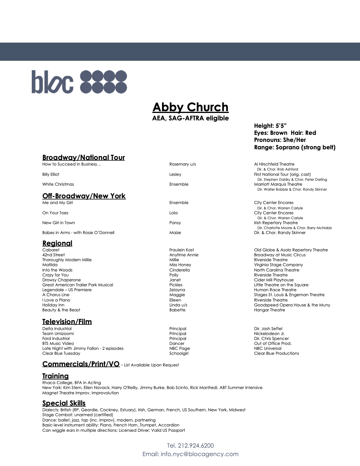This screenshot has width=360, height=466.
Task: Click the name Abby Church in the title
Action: (190, 107)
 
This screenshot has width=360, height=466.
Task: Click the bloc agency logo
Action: (79, 82)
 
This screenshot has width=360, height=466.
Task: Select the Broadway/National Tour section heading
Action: (83, 157)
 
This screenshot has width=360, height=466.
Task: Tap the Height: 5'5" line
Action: (270, 126)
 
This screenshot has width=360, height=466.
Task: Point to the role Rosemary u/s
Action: (182, 164)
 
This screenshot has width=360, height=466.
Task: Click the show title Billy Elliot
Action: (51, 174)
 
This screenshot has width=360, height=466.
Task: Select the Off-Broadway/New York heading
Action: (84, 196)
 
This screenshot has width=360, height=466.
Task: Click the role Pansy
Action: (175, 223)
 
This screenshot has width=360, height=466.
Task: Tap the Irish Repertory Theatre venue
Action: (276, 223)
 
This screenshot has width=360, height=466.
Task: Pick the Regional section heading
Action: (57, 243)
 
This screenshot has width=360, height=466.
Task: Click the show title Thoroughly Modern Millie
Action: (67, 260)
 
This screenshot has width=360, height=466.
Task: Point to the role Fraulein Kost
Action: (181, 250)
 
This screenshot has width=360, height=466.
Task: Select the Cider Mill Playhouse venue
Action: (274, 280)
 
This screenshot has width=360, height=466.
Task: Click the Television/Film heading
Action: (67, 322)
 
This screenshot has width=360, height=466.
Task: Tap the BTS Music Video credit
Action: (58, 343)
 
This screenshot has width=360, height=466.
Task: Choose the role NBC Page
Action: (179, 348)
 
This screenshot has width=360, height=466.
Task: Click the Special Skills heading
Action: (64, 403)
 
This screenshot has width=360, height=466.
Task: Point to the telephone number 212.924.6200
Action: (196, 446)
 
